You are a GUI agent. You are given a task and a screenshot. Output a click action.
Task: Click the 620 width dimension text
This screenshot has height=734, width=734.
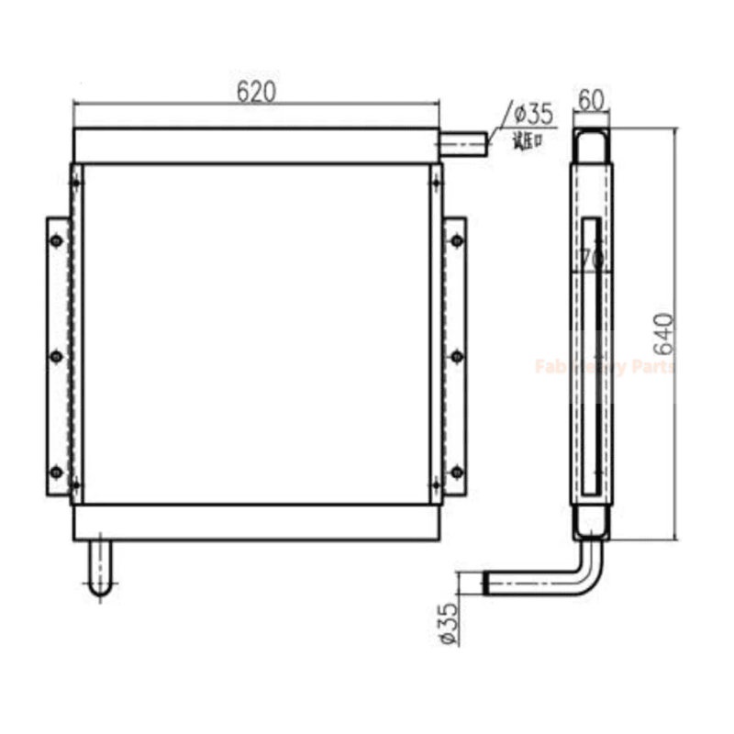point(256,91)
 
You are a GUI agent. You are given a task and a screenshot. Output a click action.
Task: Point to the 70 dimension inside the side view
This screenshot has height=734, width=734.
point(592,260)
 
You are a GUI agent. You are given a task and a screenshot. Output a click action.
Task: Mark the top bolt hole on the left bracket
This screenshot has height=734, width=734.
point(57,240)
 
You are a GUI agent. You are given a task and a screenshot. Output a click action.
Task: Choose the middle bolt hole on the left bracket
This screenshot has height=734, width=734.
point(57,356)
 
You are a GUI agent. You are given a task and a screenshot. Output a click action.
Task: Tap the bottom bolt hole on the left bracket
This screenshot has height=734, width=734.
point(57,472)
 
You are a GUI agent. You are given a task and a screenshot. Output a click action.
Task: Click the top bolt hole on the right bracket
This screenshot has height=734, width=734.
point(456,240)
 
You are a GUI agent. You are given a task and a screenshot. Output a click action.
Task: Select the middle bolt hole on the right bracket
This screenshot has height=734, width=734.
point(456,356)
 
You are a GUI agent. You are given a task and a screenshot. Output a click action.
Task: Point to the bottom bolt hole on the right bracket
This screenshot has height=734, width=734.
point(456,472)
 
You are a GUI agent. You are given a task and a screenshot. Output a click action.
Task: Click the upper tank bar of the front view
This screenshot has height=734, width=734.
point(256,146)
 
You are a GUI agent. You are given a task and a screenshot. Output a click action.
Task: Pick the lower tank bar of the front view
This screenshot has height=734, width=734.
point(256,522)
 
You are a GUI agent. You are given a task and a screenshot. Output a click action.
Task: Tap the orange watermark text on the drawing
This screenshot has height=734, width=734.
point(605,367)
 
